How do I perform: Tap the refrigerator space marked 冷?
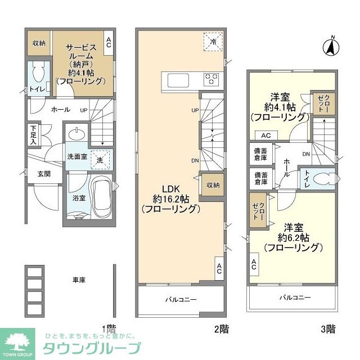[213, 42]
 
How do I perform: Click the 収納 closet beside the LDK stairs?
[212, 185]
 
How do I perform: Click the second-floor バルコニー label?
[181, 299]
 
